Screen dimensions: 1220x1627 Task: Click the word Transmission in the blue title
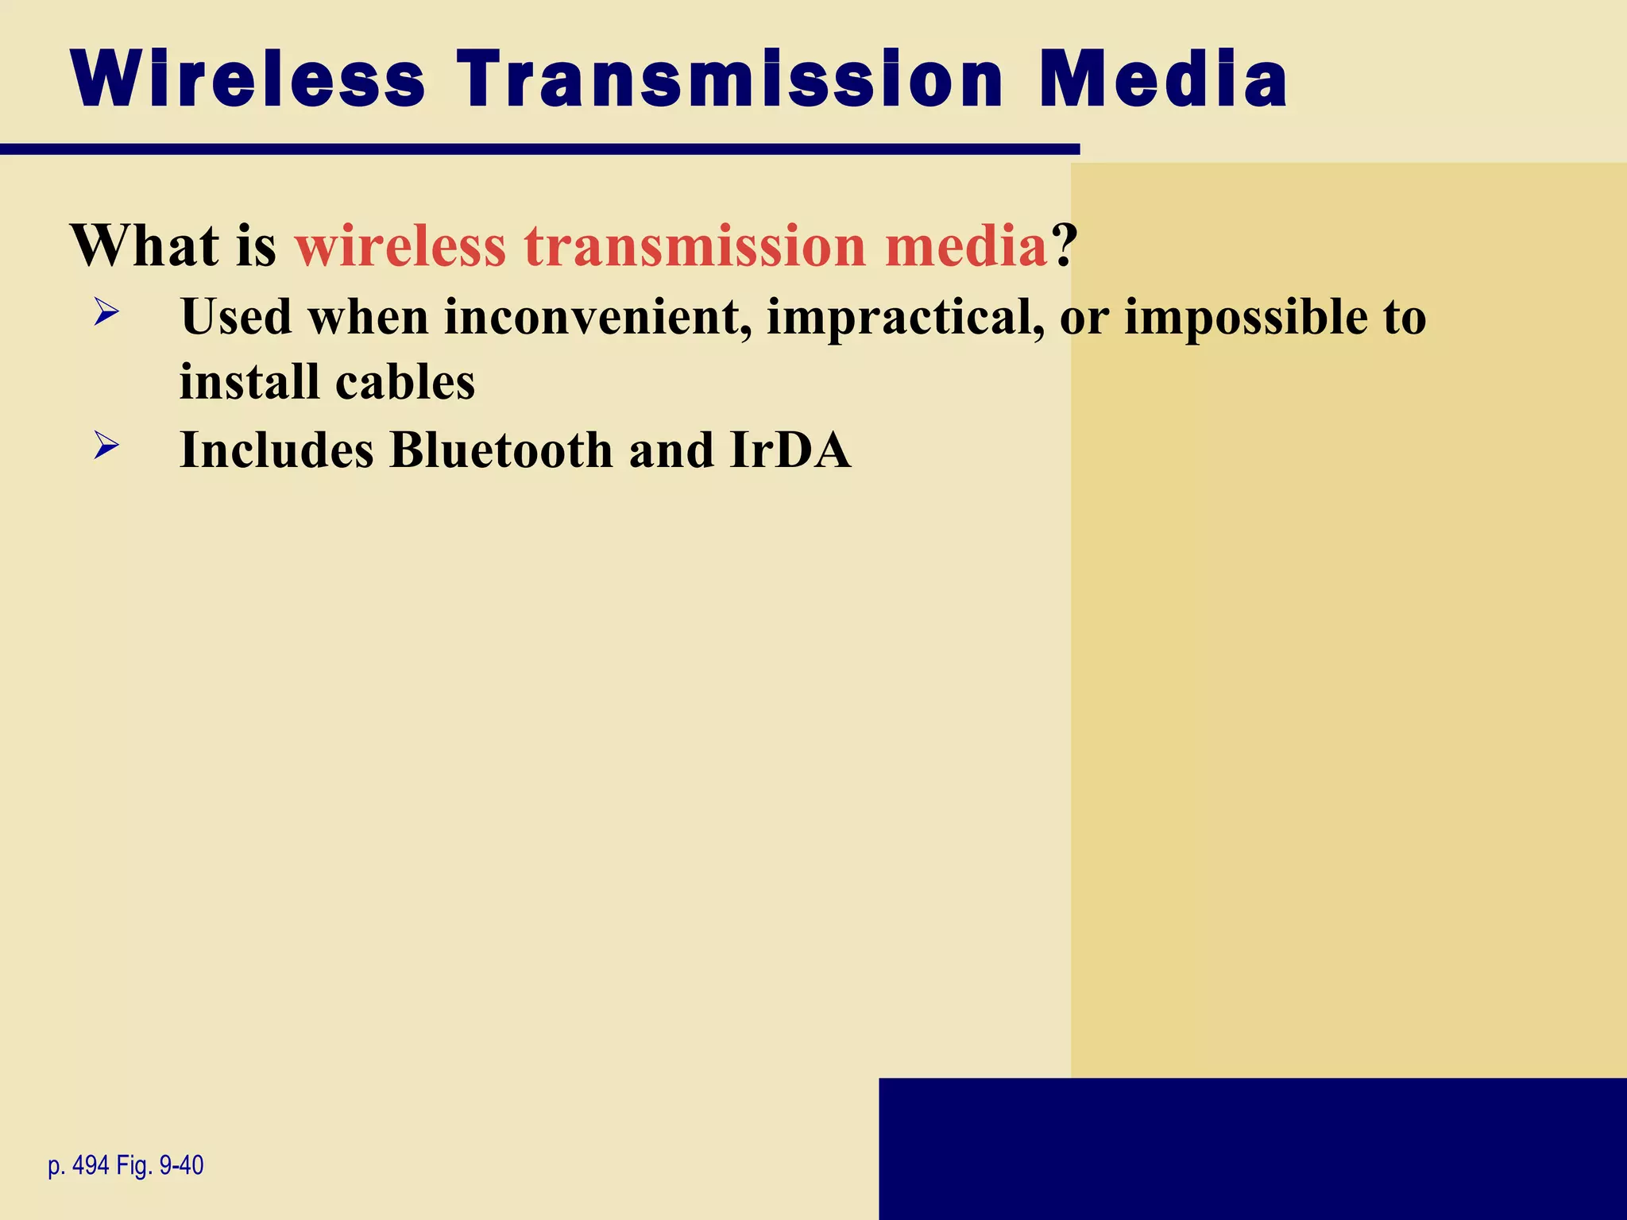point(730,79)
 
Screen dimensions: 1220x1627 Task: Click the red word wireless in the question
point(400,245)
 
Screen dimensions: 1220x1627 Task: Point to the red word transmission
point(695,245)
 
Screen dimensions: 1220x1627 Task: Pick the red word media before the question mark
point(967,245)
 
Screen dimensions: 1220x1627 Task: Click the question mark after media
point(1065,245)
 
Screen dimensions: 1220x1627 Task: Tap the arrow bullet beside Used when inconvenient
point(106,311)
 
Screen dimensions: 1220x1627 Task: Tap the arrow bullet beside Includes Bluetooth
point(106,445)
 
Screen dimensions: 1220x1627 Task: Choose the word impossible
point(1246,318)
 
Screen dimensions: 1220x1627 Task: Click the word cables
point(405,382)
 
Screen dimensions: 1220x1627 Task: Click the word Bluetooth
point(501,450)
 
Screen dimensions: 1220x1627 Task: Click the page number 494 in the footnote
point(91,1166)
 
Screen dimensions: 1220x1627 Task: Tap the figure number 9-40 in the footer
point(181,1166)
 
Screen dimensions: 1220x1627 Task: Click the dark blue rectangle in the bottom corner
point(1252,1149)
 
